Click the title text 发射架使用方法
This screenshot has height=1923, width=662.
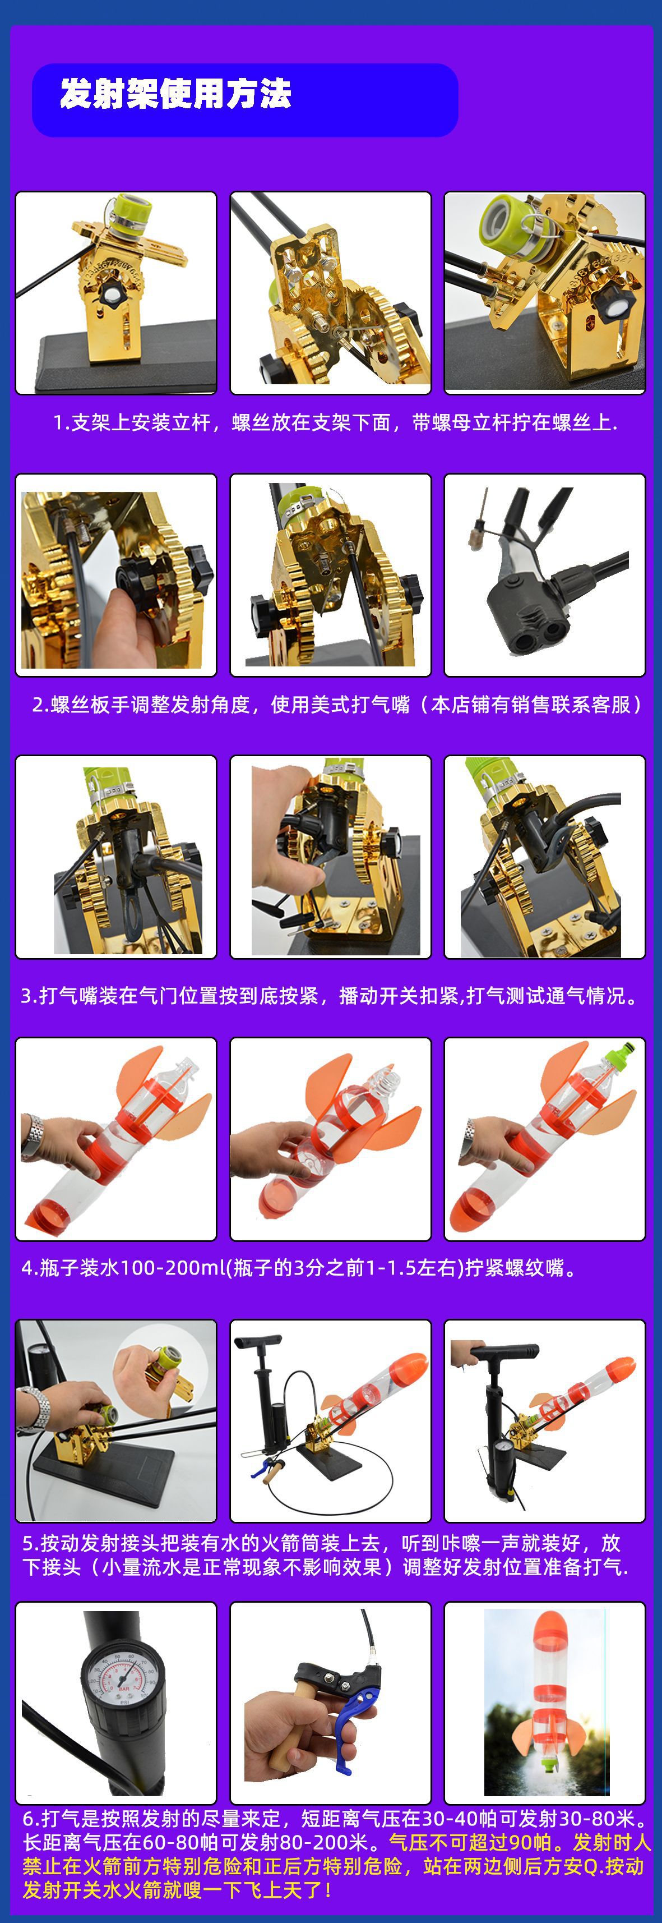click(x=175, y=95)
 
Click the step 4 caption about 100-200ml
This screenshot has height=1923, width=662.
click(x=299, y=1268)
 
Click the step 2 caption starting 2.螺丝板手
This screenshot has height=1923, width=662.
click(x=336, y=705)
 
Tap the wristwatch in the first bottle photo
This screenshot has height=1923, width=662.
click(x=31, y=1135)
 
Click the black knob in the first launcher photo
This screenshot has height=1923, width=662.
click(x=115, y=295)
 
